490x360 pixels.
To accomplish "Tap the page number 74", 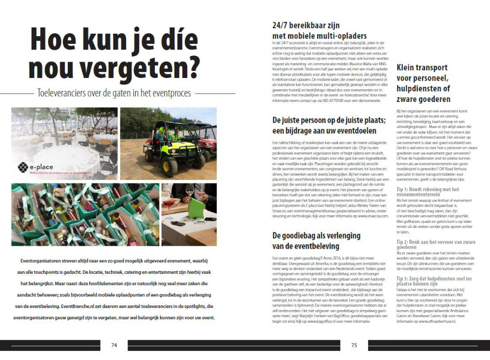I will [114, 345].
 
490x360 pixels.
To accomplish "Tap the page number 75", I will [354, 345].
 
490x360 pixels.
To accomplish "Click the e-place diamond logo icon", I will [22, 167].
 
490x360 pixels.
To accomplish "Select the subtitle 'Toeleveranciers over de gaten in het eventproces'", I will [114, 93].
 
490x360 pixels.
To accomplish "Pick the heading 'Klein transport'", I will [422, 67].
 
